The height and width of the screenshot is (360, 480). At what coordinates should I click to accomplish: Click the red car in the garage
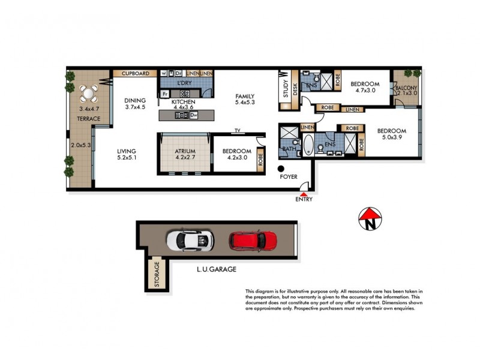coord(253,241)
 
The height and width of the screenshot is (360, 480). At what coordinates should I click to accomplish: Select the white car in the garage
coord(190,241)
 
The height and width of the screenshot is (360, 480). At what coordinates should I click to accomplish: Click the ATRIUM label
coord(184,151)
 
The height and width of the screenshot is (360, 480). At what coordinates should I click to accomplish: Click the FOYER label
coord(290,178)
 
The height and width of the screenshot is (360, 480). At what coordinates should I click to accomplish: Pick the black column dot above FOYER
coord(281,168)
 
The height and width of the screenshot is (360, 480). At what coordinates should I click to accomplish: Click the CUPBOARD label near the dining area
coord(135,74)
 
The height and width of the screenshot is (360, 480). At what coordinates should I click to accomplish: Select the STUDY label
coord(286,91)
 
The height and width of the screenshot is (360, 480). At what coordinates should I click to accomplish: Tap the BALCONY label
coord(406,88)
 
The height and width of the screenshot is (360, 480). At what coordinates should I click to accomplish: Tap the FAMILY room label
coord(245,96)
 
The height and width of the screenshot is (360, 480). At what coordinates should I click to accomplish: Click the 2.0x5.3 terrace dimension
coord(80,145)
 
